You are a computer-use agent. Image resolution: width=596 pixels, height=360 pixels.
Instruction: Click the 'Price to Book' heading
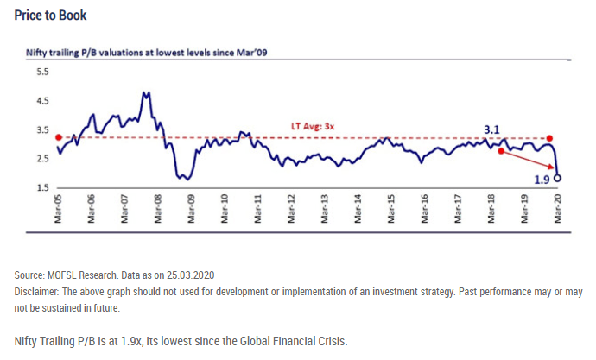50,16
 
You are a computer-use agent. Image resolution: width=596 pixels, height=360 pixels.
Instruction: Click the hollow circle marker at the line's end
557,179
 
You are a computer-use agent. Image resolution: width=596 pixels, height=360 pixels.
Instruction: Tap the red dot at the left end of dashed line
58,137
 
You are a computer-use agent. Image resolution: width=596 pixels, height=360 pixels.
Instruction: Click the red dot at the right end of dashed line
549,138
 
